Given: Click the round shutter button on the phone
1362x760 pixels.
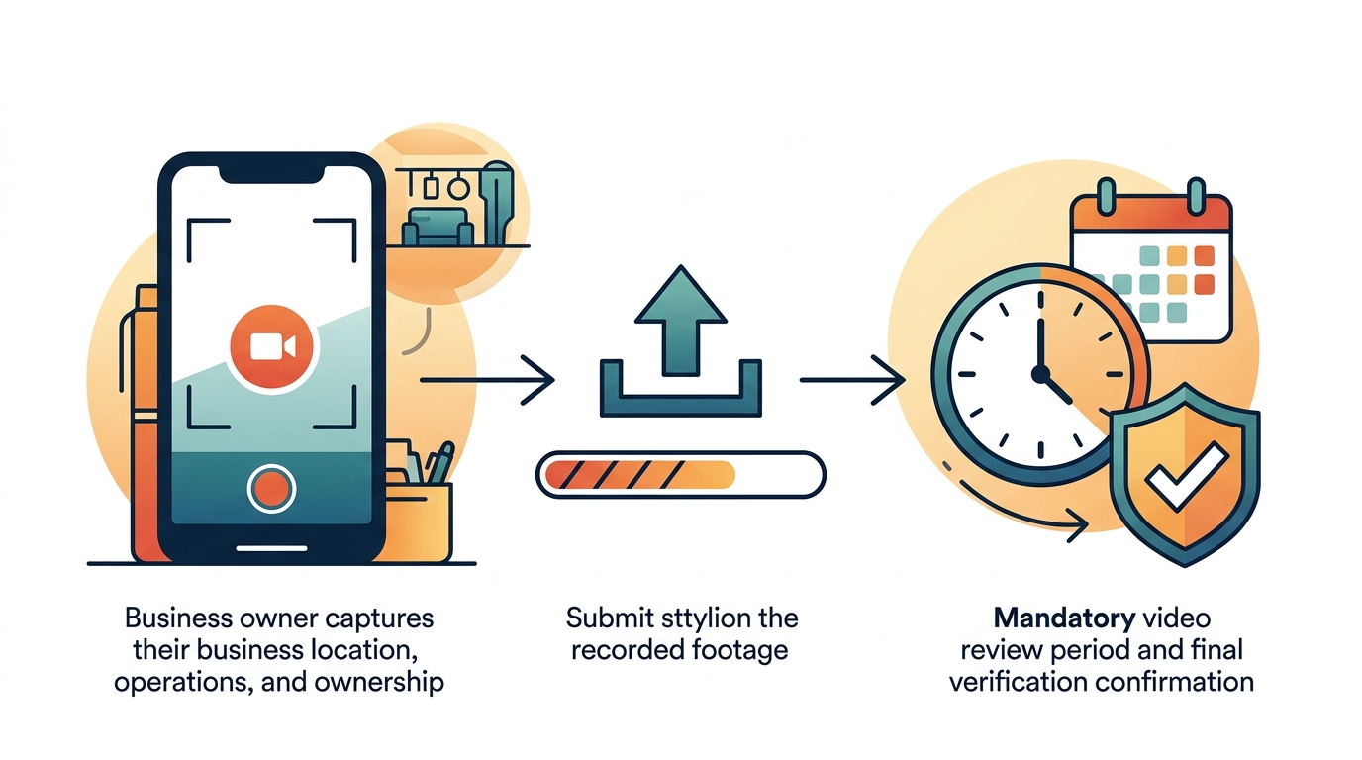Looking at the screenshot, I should click(x=271, y=489).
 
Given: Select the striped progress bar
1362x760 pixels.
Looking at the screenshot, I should click(x=680, y=474).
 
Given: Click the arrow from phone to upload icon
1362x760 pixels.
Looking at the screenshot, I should click(x=485, y=380).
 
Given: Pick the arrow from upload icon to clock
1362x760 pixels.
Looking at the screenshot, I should click(x=851, y=380).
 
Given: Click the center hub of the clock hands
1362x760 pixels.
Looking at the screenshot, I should click(x=1039, y=374).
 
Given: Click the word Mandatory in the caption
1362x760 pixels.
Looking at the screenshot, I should click(x=1064, y=619).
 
